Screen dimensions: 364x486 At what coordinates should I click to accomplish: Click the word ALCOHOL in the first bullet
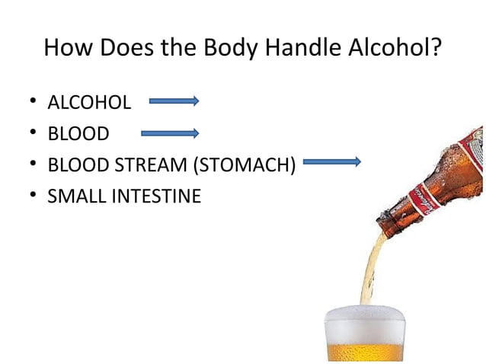pyautogui.click(x=88, y=102)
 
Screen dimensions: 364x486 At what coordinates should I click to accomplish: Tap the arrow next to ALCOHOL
pyautogui.click(x=174, y=101)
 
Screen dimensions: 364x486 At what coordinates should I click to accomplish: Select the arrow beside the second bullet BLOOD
pyautogui.click(x=170, y=133)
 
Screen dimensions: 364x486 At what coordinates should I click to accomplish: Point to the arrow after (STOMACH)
pyautogui.click(x=331, y=162)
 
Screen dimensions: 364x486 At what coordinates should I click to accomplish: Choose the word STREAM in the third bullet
pyautogui.click(x=152, y=165)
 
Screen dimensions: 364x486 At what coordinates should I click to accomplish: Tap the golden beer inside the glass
pyautogui.click(x=363, y=352)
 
